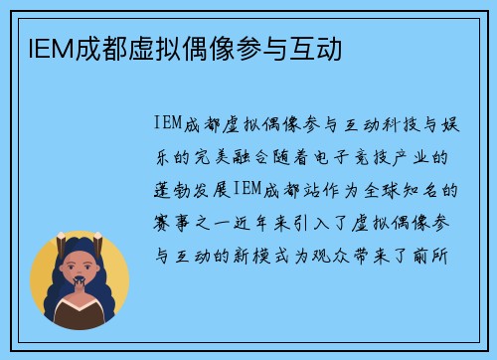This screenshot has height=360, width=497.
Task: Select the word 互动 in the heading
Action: [319, 47]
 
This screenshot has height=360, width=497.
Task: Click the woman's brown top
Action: [80, 316]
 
